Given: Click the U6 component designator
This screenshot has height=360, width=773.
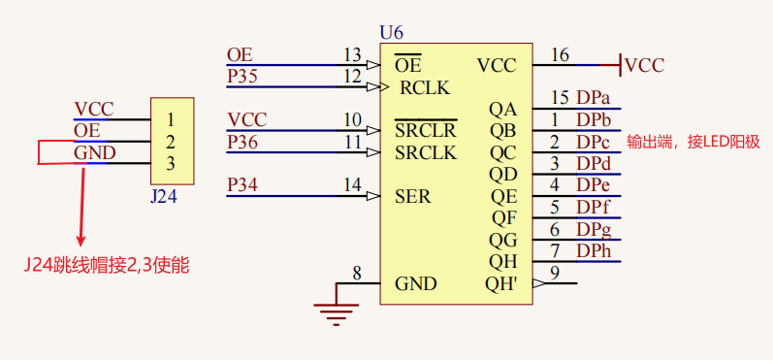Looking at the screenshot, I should (392, 33).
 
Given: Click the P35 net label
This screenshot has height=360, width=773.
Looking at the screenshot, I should (242, 76).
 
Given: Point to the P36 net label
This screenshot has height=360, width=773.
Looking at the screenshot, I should (242, 142).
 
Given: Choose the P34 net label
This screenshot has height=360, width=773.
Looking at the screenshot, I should (242, 184).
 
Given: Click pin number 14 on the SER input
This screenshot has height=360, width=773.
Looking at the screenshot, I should (352, 184).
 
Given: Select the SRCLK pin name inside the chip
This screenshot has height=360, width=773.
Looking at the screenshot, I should (426, 152).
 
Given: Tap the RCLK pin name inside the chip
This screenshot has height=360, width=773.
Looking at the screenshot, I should (425, 87).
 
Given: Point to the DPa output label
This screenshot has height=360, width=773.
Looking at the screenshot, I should (593, 98).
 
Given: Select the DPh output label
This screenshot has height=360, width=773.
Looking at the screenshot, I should (593, 250).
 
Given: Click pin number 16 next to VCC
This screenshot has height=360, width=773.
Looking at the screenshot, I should (560, 54).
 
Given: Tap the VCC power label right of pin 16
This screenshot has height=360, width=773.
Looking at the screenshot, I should (645, 66).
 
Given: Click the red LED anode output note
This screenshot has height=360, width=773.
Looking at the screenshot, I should (692, 142).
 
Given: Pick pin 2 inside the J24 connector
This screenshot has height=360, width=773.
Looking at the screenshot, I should (171, 142).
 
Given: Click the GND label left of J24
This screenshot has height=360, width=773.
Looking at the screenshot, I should (95, 153).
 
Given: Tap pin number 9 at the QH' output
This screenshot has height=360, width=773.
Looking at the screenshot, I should (554, 273).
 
